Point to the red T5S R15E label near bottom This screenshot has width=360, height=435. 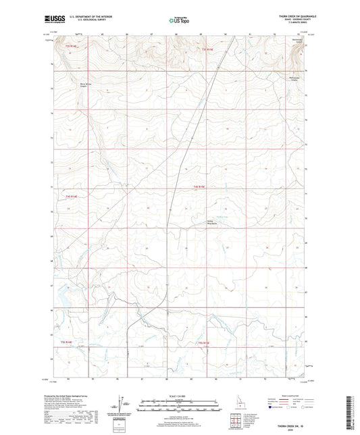204,342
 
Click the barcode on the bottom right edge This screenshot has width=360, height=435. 354,409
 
